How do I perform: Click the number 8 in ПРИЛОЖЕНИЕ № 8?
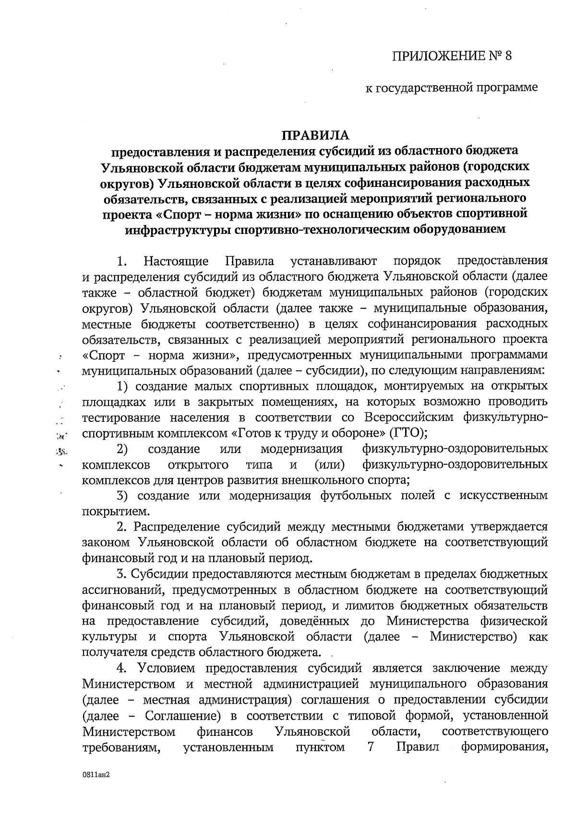click(508, 56)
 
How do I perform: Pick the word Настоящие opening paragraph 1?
click(176, 261)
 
